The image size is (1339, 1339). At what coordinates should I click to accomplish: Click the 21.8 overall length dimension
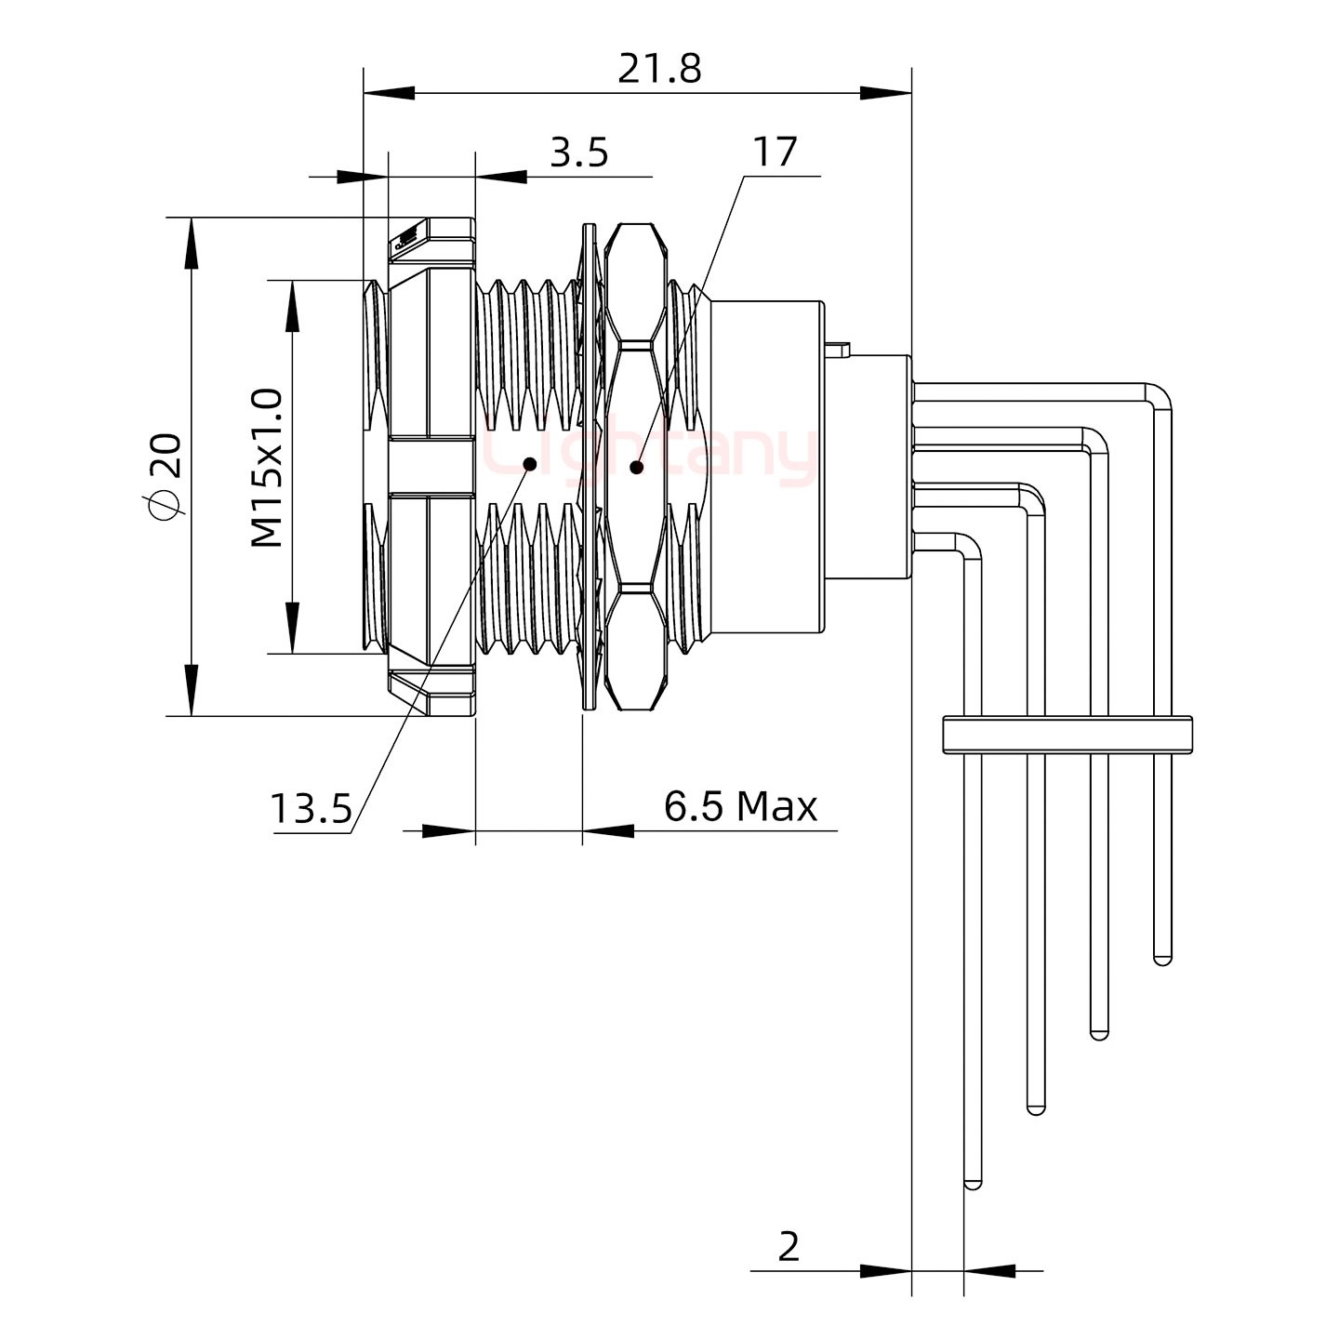pos(659,69)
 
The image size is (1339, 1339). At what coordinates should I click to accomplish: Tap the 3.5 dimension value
pos(578,152)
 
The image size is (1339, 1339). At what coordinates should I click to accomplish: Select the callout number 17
pos(775,152)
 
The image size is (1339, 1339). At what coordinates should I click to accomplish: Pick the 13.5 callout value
pos(311,810)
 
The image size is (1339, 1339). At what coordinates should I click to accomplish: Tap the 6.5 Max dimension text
pos(740,806)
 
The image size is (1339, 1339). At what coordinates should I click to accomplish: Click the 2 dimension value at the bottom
pos(788,1247)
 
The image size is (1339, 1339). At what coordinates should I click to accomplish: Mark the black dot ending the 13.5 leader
pos(531,462)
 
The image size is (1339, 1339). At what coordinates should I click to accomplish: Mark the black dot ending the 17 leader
pos(637,467)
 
